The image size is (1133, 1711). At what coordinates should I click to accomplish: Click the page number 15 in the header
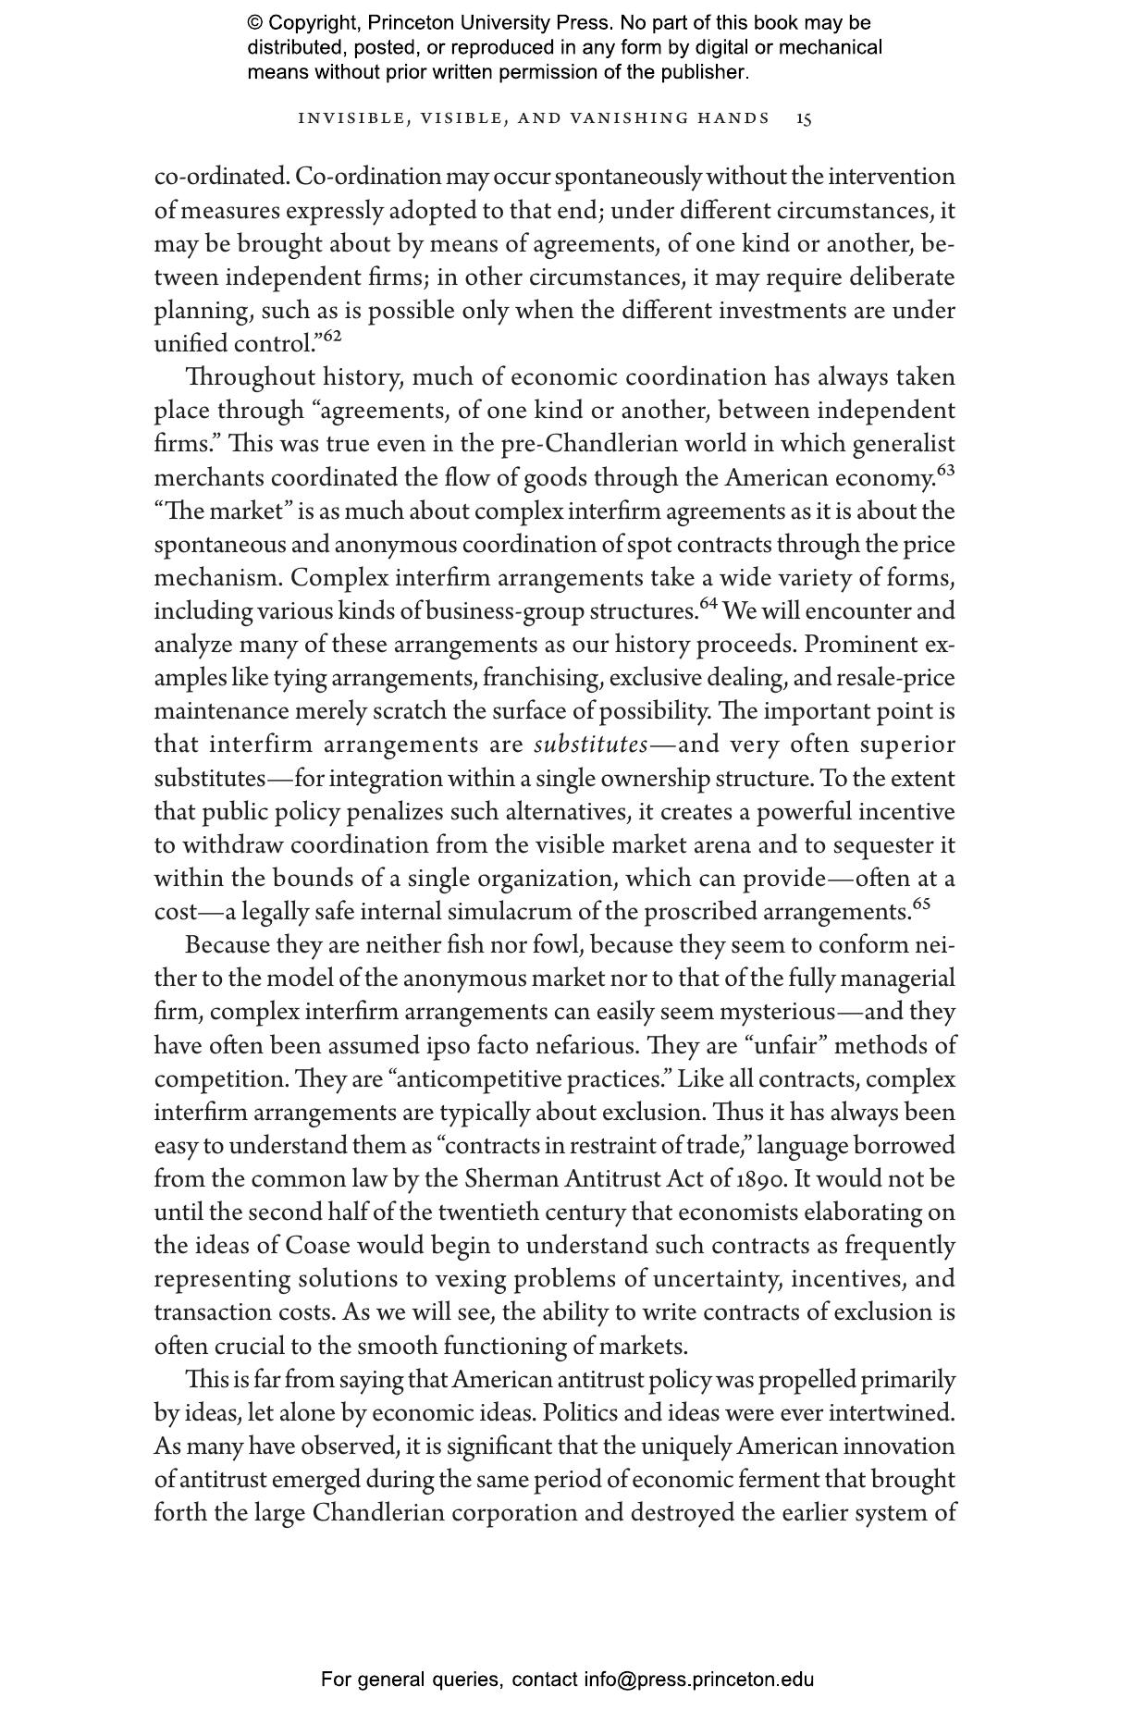coord(805,118)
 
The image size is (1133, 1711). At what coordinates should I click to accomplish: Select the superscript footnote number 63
coord(945,471)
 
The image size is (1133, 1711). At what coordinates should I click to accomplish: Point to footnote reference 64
coord(708,604)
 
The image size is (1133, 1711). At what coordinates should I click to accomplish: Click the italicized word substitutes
coord(590,745)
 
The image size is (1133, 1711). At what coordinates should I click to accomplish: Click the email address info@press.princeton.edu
coord(698,1680)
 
